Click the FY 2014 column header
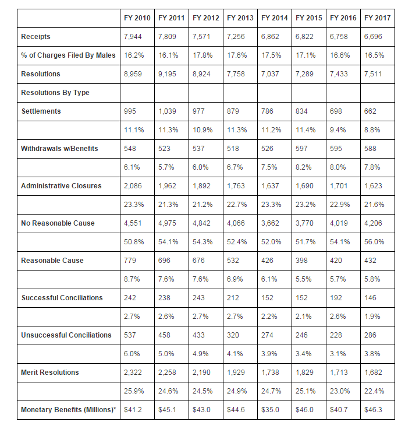click(274, 18)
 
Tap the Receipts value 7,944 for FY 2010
click(134, 37)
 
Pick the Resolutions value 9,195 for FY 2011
click(168, 74)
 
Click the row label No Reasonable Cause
click(58, 223)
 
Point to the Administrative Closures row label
click(61, 186)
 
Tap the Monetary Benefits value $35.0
click(271, 410)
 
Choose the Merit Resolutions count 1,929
click(237, 373)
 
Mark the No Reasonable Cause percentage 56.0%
click(374, 242)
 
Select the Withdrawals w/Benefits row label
click(59, 149)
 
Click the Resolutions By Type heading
click(55, 93)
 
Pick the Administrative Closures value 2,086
click(134, 186)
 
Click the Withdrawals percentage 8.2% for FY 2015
click(305, 167)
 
